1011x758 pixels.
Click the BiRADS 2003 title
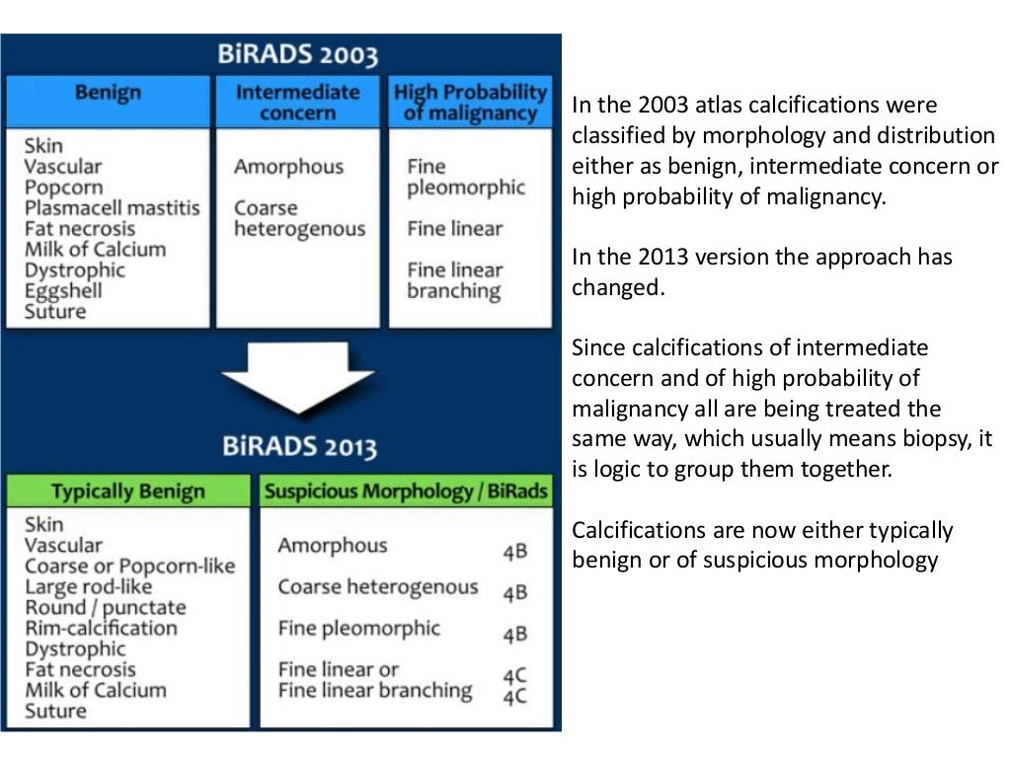pos(297,54)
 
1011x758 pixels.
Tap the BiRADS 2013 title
pos(298,448)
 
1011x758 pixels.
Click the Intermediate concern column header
pos(297,103)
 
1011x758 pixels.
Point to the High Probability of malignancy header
pos(469,103)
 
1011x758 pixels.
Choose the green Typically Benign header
pos(128,492)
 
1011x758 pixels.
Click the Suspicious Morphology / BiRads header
pos(405,492)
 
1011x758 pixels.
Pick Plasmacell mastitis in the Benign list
pos(112,208)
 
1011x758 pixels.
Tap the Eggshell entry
pos(63,291)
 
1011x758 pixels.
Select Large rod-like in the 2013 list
pos(90,587)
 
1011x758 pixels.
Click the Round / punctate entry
pos(105,608)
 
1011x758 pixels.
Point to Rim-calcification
pos(101,629)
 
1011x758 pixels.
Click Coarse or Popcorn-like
pos(129,567)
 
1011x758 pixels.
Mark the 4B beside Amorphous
pos(514,552)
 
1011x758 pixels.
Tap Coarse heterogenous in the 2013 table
pos(377,587)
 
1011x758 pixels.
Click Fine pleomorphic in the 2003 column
pos(465,178)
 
